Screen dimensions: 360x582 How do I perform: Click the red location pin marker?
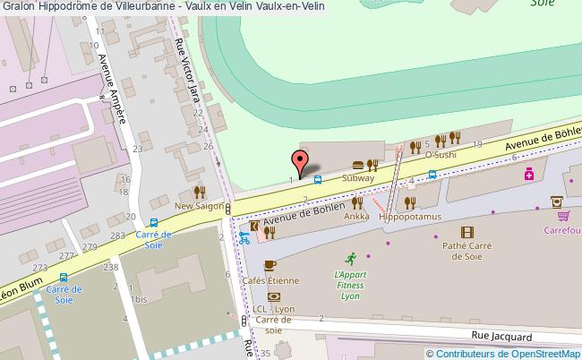(301, 164)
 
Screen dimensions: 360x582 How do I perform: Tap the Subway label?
(358, 178)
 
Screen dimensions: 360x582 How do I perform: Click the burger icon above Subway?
(358, 165)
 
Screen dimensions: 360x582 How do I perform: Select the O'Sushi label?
(441, 154)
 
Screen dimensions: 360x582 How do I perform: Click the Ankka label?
(356, 217)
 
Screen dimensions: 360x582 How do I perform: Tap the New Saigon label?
(198, 205)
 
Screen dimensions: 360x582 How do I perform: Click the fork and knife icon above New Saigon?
(199, 192)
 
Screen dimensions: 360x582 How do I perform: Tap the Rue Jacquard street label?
(501, 337)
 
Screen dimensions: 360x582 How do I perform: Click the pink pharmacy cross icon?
(530, 173)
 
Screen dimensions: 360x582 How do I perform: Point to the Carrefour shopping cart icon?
(563, 215)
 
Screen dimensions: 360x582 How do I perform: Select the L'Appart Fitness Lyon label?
(351, 286)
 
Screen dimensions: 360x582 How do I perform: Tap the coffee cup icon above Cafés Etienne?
(270, 265)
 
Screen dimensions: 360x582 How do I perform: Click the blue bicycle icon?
(244, 239)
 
